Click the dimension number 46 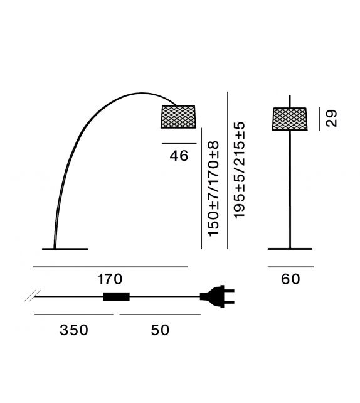[x=179, y=156]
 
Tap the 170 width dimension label [x=110, y=279]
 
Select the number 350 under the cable [x=74, y=330]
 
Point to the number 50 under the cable [x=160, y=330]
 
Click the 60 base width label [x=290, y=279]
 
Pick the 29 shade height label [x=331, y=118]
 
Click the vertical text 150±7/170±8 [x=214, y=188]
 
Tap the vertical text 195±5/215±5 [x=240, y=170]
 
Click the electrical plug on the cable [x=217, y=296]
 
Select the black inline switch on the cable [x=116, y=296]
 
